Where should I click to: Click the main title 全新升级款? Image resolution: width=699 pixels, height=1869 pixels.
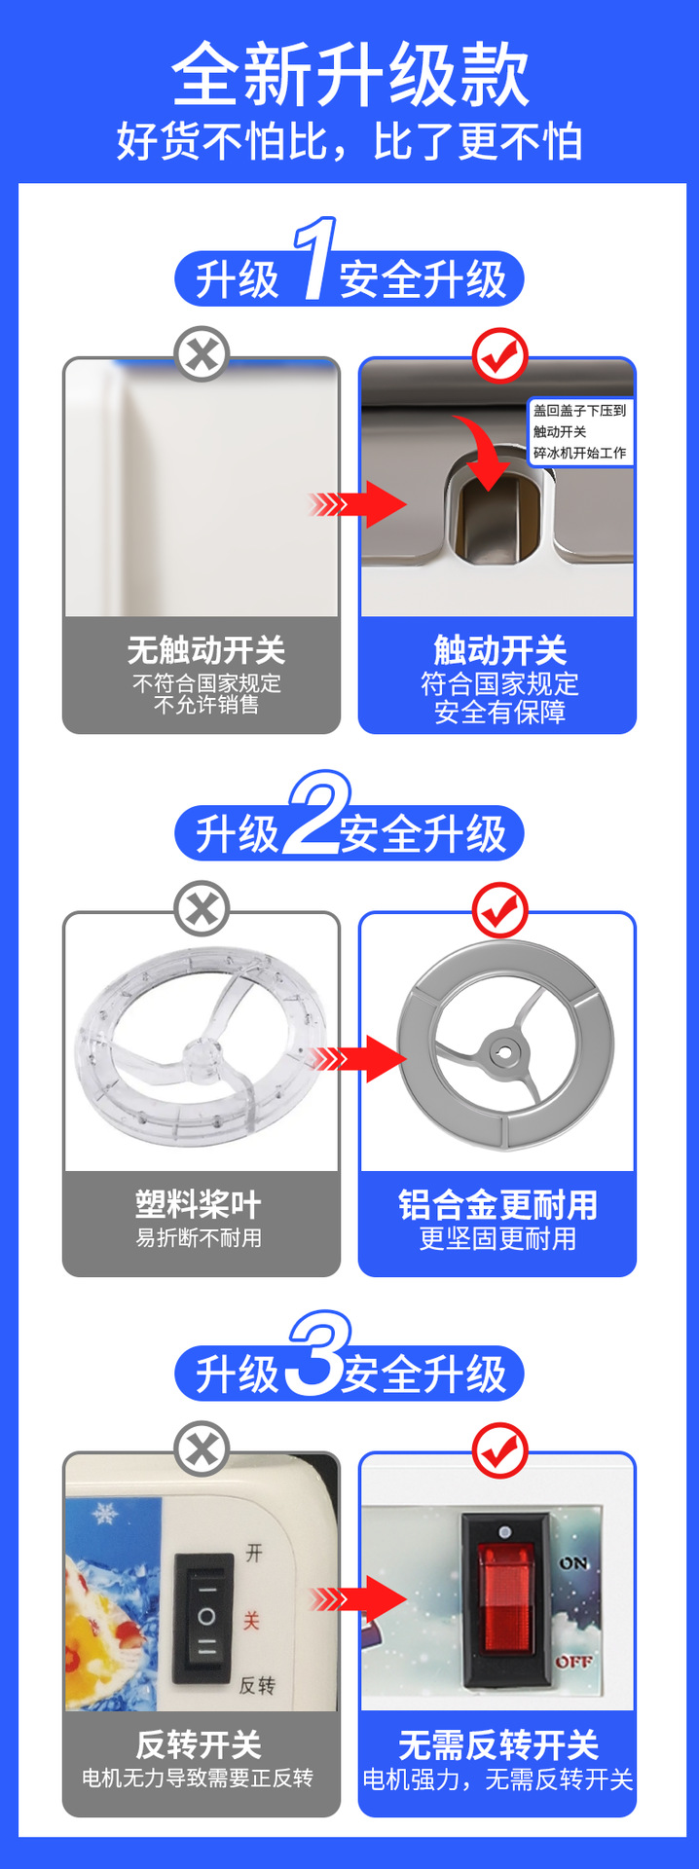349,75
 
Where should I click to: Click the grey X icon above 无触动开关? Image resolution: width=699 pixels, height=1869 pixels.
202,353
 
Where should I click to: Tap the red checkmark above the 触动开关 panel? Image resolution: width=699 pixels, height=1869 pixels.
499,356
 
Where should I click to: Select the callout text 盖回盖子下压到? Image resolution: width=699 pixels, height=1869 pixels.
579,411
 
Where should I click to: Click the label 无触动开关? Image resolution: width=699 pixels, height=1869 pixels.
205,650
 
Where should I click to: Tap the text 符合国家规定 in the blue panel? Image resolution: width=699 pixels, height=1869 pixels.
499,684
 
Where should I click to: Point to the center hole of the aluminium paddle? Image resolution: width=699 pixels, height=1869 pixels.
504,1051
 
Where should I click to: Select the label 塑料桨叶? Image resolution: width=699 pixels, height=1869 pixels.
199,1205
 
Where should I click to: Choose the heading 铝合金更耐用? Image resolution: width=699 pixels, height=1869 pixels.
497,1205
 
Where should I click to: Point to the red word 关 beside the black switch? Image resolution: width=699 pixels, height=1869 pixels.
252,1621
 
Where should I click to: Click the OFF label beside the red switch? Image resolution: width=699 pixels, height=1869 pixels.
573,1661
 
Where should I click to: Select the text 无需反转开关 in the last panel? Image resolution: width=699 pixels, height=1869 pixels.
497,1744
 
